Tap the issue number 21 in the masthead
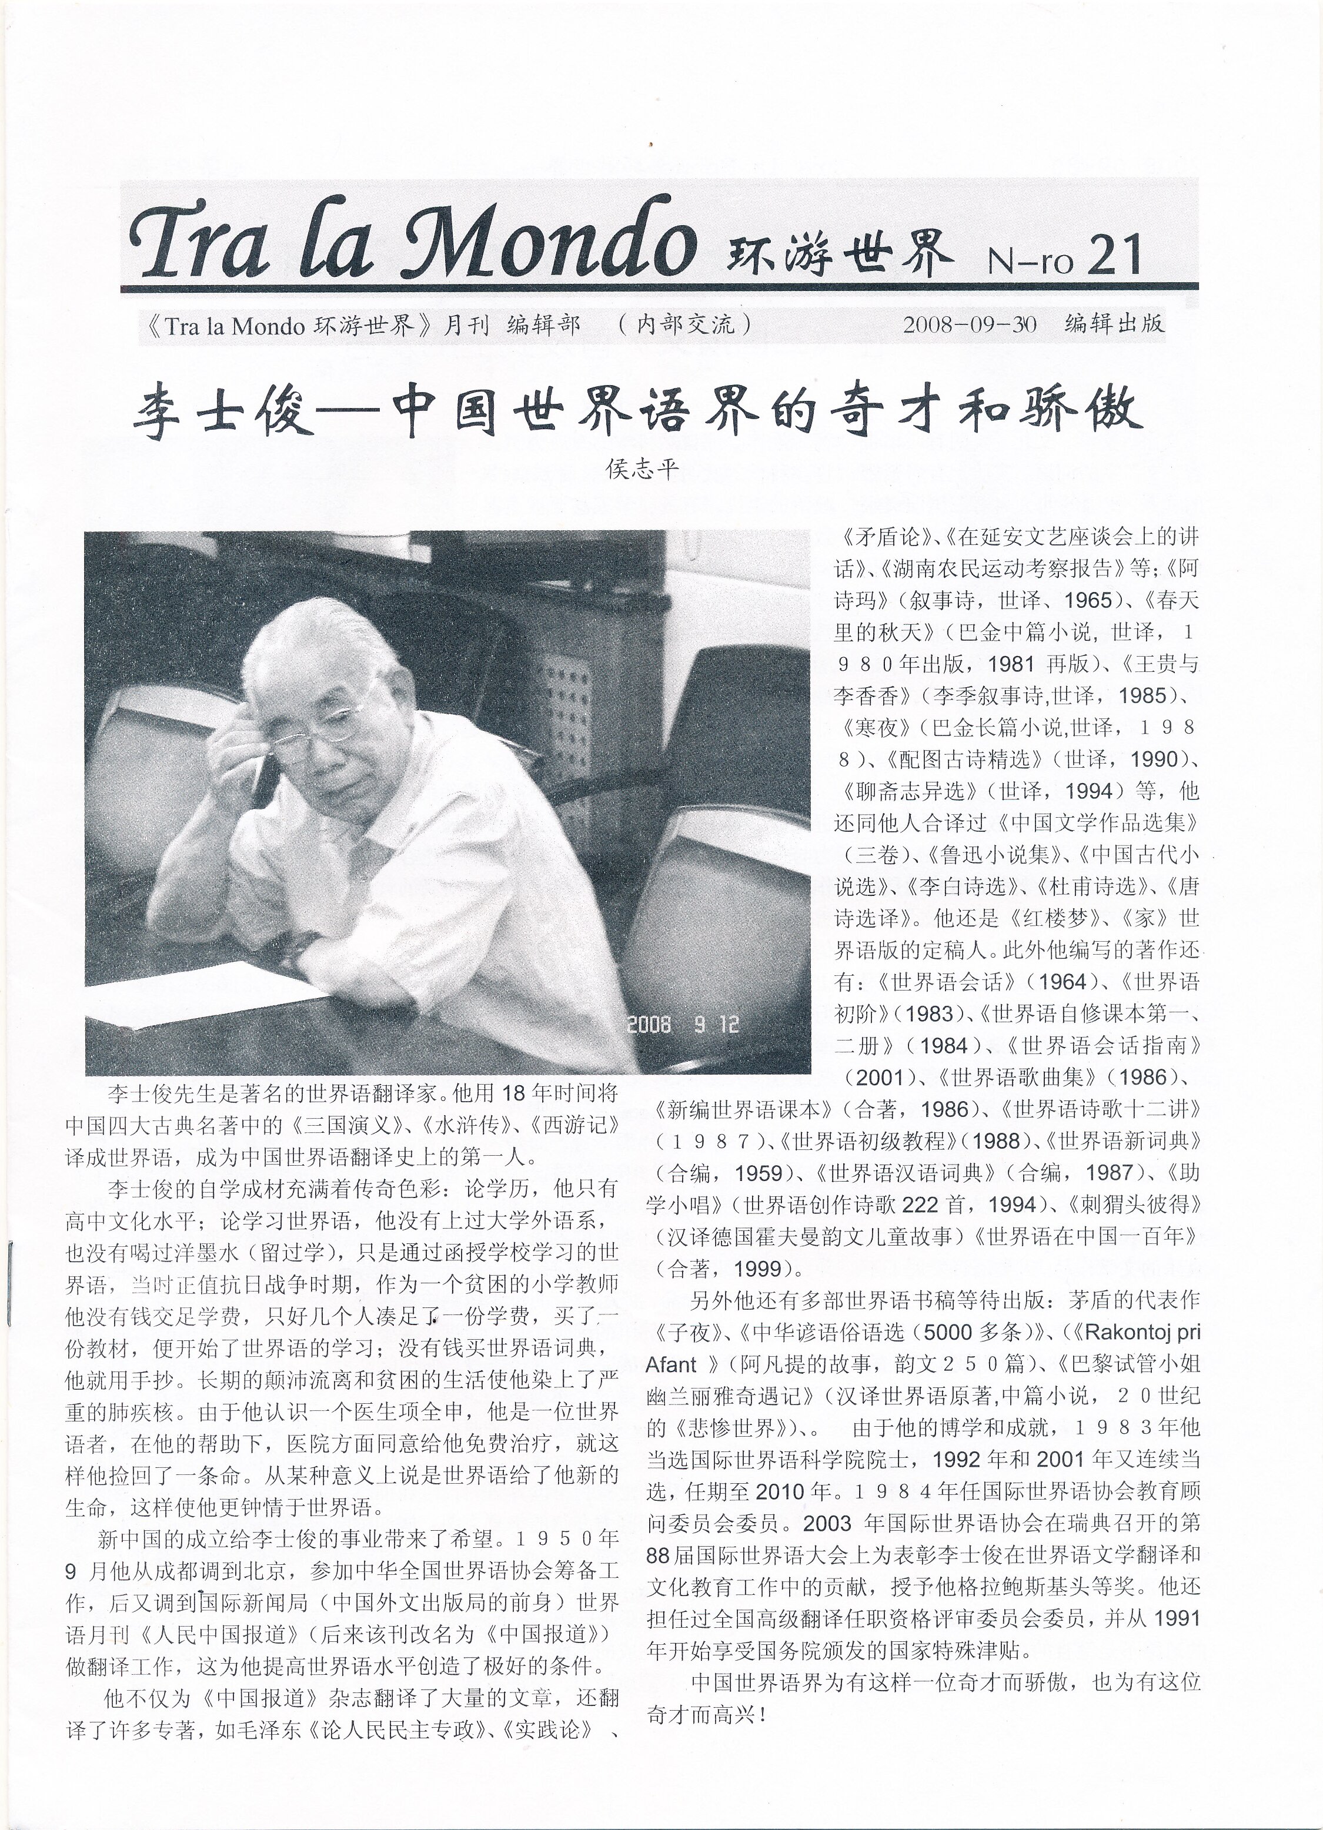[x=1113, y=256]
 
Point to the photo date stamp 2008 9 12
[x=683, y=1025]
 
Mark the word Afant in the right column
[x=671, y=1364]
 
